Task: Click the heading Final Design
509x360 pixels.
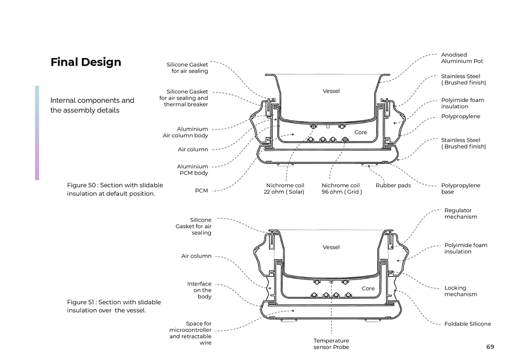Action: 86,62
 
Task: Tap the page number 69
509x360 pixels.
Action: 490,347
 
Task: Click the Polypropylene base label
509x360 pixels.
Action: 460,188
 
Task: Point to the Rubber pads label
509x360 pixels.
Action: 393,185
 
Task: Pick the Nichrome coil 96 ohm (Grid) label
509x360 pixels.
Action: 342,188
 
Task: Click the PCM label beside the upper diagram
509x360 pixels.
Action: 201,191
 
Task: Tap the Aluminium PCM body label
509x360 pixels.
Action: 192,170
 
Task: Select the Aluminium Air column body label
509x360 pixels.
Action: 185,132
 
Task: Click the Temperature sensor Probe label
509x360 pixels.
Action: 331,344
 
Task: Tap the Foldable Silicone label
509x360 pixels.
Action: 467,324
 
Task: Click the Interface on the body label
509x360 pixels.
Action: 199,290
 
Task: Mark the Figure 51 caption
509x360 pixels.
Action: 114,306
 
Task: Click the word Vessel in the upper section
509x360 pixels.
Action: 331,91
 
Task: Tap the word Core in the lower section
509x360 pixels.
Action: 368,288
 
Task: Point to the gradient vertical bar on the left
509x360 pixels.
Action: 37,132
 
